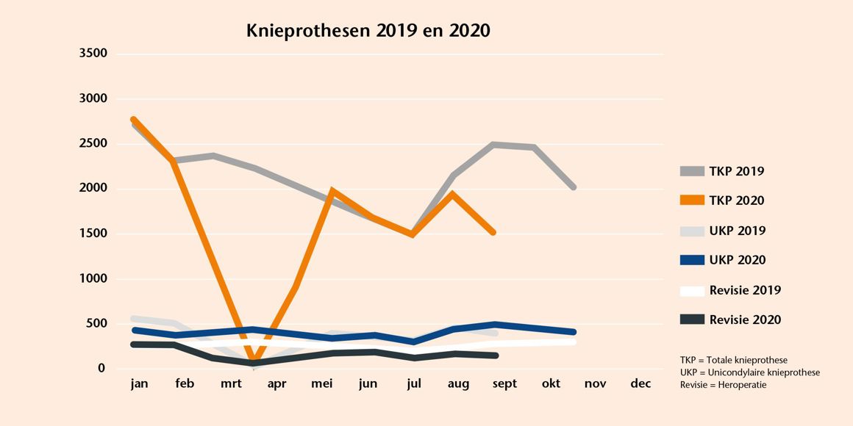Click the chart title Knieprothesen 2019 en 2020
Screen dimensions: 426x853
(368, 31)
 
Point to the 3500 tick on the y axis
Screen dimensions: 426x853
(93, 54)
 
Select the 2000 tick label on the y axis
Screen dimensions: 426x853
(93, 189)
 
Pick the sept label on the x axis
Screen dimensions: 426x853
(504, 384)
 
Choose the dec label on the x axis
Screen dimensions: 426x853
(640, 384)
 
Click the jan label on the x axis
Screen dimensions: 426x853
(138, 384)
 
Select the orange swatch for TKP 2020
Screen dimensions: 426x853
(692, 201)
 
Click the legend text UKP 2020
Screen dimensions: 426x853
(738, 260)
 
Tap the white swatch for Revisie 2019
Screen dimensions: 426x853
(692, 290)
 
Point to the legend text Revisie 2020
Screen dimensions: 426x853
(745, 319)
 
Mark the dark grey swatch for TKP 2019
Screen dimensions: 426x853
(692, 171)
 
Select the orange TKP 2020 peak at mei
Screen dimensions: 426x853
(332, 191)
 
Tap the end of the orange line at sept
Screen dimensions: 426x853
(493, 232)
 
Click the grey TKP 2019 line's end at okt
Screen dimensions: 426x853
(573, 187)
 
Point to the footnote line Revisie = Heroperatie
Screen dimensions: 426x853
(724, 385)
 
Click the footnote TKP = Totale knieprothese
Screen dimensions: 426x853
(734, 360)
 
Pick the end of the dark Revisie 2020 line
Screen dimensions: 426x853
(496, 355)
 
